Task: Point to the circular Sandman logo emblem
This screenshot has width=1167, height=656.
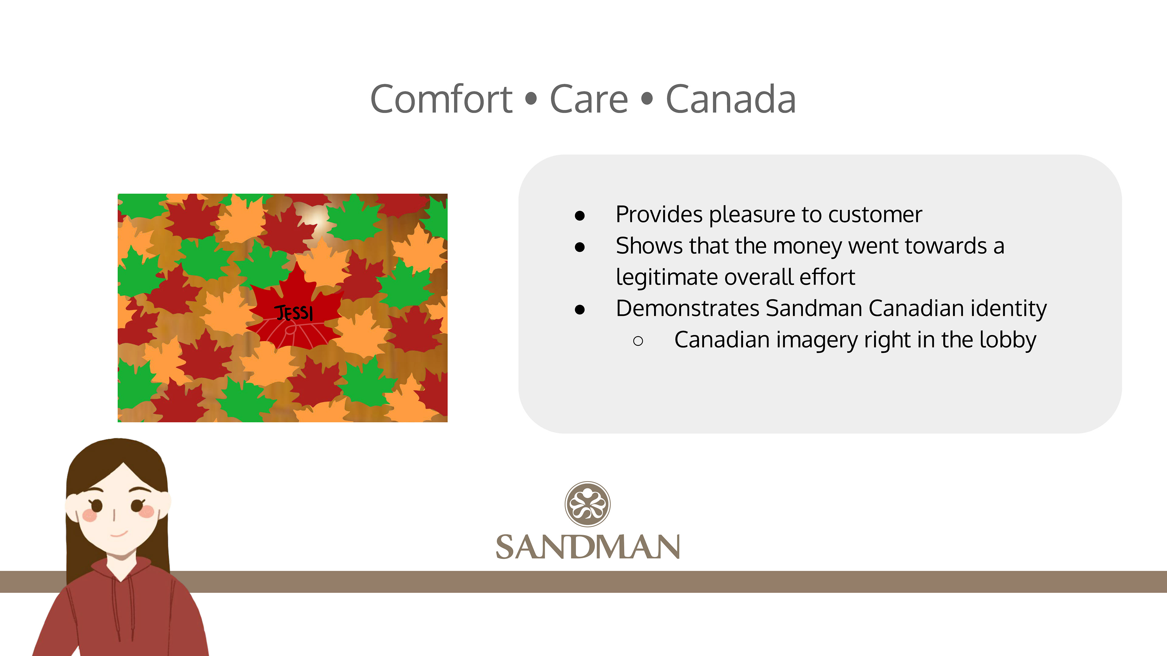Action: point(587,504)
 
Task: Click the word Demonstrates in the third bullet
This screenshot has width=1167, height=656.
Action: point(687,308)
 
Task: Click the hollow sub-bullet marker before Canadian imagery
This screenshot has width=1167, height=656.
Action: point(638,341)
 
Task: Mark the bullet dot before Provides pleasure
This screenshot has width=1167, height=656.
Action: point(580,216)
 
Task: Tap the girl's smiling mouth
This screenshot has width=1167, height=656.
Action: point(119,534)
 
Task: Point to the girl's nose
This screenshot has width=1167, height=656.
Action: point(114,515)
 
